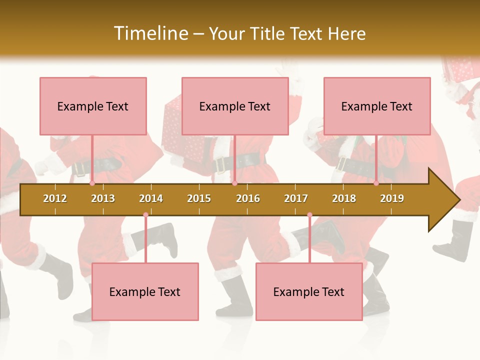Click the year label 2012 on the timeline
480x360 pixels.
click(55, 198)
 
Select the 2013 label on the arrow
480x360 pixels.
click(103, 198)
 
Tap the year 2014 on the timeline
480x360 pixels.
click(151, 198)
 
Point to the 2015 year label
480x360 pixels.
click(199, 198)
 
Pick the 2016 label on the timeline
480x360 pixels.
click(248, 198)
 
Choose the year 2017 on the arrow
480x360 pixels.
click(296, 198)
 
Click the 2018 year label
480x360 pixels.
click(344, 198)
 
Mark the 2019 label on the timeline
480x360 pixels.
click(392, 198)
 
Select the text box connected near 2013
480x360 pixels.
click(93, 106)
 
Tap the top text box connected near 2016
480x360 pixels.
click(235, 106)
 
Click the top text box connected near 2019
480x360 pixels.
click(377, 106)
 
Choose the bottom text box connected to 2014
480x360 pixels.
click(145, 291)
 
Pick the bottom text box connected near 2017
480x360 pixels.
click(309, 291)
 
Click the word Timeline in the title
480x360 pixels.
click(150, 33)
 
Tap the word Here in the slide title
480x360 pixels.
click(346, 33)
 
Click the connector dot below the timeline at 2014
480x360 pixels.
click(145, 215)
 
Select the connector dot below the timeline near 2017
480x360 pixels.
click(309, 215)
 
